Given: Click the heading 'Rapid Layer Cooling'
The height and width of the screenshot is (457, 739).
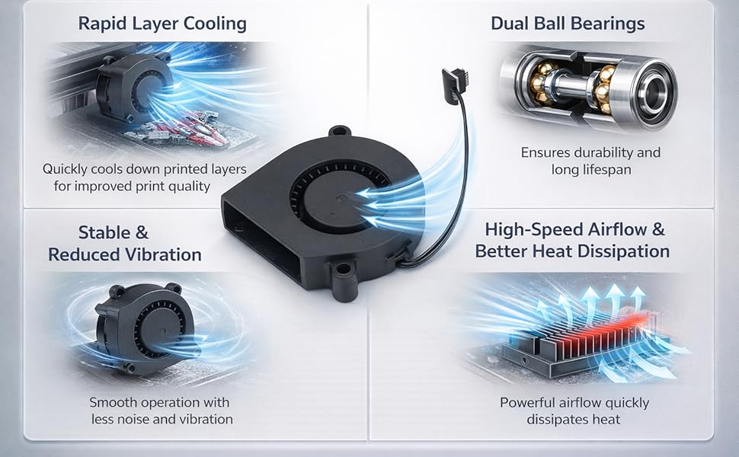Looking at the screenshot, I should pyautogui.click(x=162, y=24).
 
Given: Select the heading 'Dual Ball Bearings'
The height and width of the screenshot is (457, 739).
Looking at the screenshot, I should pyautogui.click(x=568, y=24).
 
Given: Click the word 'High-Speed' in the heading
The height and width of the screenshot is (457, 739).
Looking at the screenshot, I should pyautogui.click(x=533, y=229).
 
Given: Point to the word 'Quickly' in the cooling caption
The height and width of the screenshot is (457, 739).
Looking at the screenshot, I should pyautogui.click(x=69, y=169).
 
